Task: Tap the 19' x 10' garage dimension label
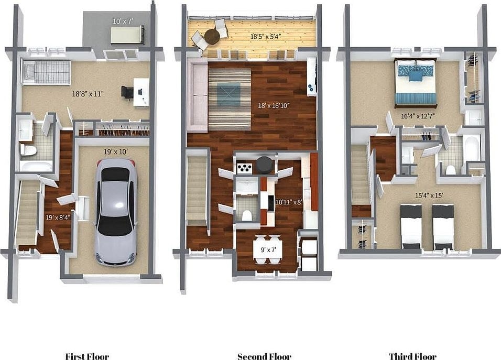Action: click(x=116, y=152)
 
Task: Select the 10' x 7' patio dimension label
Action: click(x=123, y=21)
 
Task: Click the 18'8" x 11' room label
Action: click(x=87, y=94)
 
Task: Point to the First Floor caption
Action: click(x=87, y=356)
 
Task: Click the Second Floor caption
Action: click(x=264, y=356)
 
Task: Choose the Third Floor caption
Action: click(x=412, y=356)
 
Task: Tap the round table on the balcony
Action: click(x=212, y=36)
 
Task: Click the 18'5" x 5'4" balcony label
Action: click(x=266, y=36)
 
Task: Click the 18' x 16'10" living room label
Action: click(x=274, y=105)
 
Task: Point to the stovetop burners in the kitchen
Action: click(x=245, y=168)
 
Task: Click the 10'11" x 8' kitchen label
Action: click(x=289, y=202)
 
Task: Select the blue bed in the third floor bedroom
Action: click(x=416, y=82)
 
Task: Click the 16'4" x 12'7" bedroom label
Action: click(x=417, y=116)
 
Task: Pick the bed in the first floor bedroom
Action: click(x=46, y=72)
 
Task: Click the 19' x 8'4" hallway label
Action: click(x=58, y=217)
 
